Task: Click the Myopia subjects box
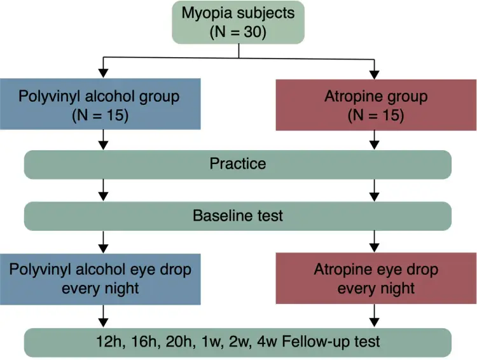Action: (238, 22)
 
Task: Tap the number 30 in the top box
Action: (252, 32)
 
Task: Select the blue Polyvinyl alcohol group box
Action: (100, 104)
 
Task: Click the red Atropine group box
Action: (376, 106)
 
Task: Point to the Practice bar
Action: (238, 165)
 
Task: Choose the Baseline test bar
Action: (238, 216)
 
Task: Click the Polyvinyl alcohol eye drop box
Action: (100, 279)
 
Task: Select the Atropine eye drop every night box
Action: (376, 279)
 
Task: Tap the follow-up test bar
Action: (238, 342)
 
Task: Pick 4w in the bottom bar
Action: (266, 342)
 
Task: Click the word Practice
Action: (238, 163)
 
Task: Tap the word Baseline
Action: (223, 216)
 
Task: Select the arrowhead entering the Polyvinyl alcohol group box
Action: (104, 73)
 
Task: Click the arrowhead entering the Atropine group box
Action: (374, 75)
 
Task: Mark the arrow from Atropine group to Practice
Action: (374, 141)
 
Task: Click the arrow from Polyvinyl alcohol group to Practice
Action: (104, 140)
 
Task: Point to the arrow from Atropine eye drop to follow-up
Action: (374, 315)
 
